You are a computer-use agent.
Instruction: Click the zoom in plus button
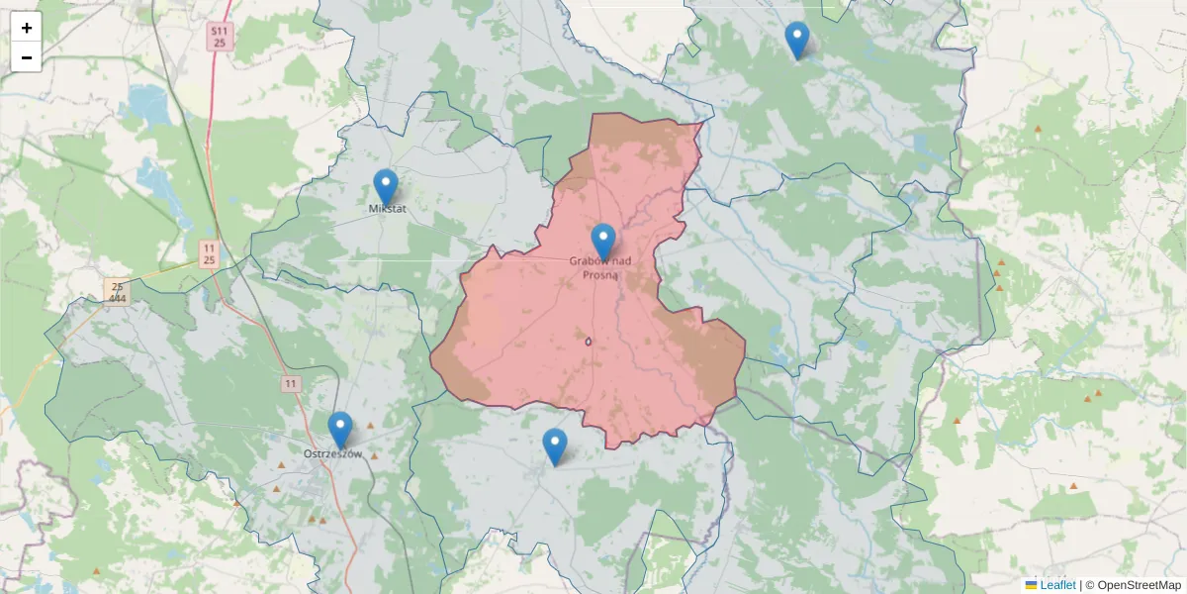click(27, 28)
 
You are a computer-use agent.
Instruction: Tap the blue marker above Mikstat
click(385, 186)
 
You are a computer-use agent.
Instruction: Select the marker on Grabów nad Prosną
click(602, 241)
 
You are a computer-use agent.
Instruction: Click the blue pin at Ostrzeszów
click(340, 429)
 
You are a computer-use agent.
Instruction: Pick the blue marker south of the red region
click(555, 445)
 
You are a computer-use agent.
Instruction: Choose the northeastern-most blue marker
click(796, 40)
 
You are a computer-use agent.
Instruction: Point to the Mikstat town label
click(387, 209)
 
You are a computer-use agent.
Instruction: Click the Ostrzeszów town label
click(332, 454)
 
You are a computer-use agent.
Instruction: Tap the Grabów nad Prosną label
click(599, 268)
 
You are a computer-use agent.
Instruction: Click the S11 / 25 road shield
click(219, 38)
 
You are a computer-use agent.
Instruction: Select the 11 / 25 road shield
click(209, 253)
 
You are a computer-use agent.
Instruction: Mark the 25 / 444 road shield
click(117, 291)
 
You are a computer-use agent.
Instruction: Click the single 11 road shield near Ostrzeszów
click(290, 383)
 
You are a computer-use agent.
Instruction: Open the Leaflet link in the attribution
click(1057, 585)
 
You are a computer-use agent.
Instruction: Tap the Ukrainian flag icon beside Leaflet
click(1031, 585)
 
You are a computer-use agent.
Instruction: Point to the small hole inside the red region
click(589, 342)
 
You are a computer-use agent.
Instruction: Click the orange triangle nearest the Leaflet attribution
click(1073, 486)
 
